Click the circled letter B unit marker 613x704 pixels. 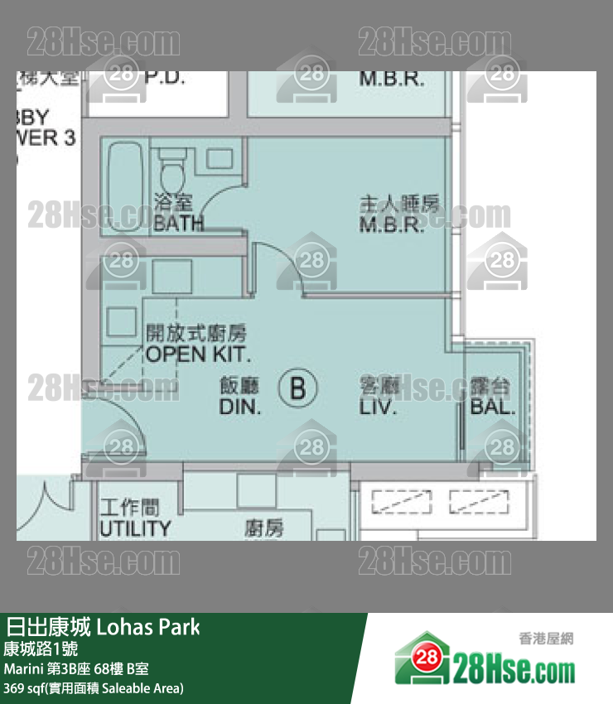tap(298, 388)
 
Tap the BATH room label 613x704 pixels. tap(178, 222)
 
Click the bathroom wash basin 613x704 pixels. tap(219, 159)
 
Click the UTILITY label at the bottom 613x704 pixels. tap(135, 528)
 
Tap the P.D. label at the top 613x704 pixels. tap(165, 80)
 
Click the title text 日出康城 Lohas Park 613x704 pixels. tap(103, 626)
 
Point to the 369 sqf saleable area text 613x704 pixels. tap(93, 687)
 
